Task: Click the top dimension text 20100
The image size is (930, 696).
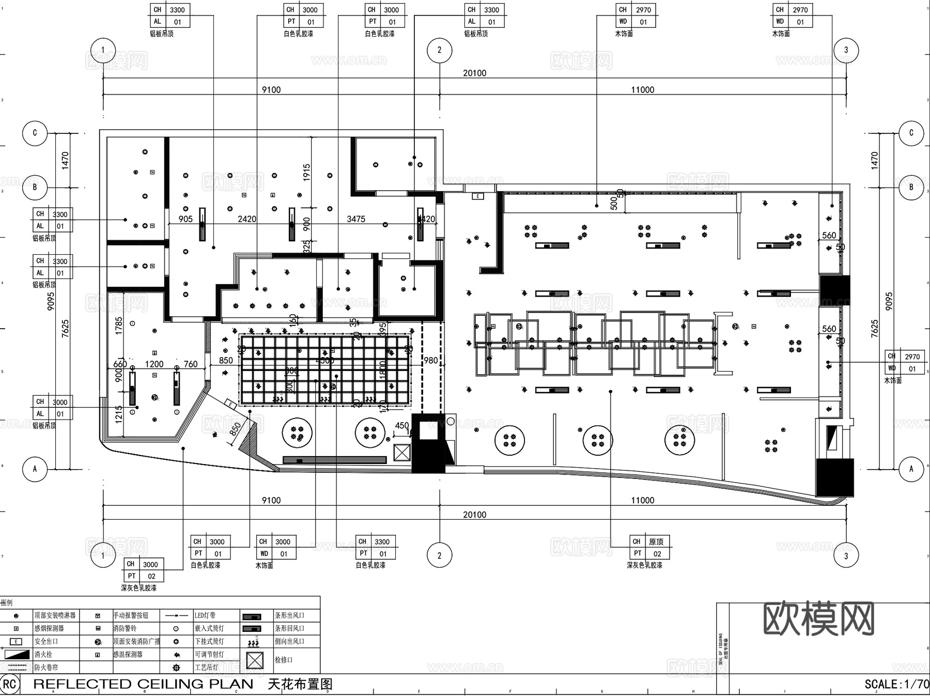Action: (x=474, y=73)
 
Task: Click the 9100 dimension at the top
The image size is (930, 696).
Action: (x=271, y=89)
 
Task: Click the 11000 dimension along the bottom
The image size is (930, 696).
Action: (x=642, y=500)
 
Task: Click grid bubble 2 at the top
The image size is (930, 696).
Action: (x=439, y=50)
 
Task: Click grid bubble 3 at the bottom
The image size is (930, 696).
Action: (x=846, y=556)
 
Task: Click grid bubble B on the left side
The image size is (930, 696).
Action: (x=35, y=187)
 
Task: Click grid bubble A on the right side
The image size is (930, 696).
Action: (x=911, y=469)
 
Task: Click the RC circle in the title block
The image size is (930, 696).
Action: (x=9, y=685)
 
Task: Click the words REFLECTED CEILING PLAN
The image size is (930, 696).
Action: (x=143, y=684)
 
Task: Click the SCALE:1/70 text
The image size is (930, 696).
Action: (x=896, y=684)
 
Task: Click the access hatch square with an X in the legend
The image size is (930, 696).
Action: (x=255, y=660)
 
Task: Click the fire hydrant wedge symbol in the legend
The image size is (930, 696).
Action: (x=17, y=654)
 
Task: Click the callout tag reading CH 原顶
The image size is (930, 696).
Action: (x=649, y=542)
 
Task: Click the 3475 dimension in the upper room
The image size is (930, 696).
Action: (x=355, y=219)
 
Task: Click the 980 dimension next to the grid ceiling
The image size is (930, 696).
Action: (x=430, y=360)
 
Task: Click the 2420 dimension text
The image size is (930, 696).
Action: (x=246, y=219)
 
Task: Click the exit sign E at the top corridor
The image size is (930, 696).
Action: (x=478, y=196)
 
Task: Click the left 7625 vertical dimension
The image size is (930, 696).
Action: (x=65, y=329)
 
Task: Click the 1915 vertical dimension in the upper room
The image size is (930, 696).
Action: (x=307, y=172)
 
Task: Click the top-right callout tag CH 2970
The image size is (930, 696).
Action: (x=793, y=10)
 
